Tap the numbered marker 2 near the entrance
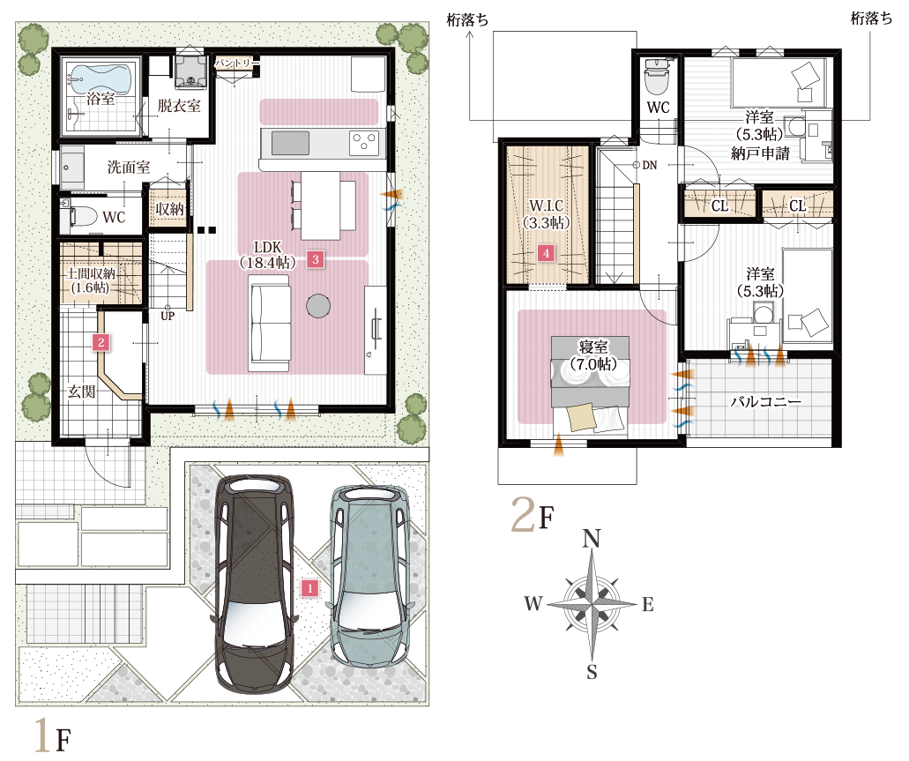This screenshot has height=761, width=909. [x=102, y=343]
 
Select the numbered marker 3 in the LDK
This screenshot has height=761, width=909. [x=315, y=258]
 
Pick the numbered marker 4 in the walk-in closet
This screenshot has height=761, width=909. [x=547, y=253]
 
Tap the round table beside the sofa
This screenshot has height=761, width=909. [x=318, y=305]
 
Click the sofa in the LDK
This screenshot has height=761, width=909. [x=270, y=319]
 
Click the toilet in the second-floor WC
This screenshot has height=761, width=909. [x=658, y=78]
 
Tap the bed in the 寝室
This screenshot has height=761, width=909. [x=587, y=384]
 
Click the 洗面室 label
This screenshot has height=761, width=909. [x=128, y=167]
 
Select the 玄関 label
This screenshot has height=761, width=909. [x=82, y=392]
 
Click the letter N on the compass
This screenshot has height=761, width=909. [x=592, y=538]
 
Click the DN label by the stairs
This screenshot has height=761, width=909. [x=650, y=165]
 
